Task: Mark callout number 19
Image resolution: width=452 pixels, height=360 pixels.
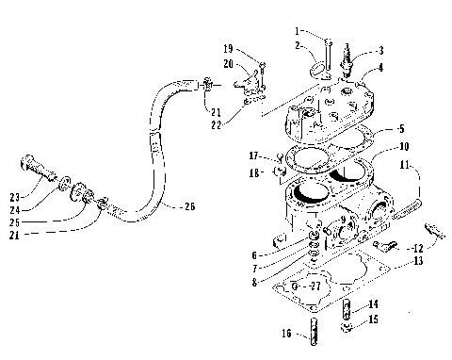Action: click(x=227, y=47)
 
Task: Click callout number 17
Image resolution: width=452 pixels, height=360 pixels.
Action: click(x=253, y=155)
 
